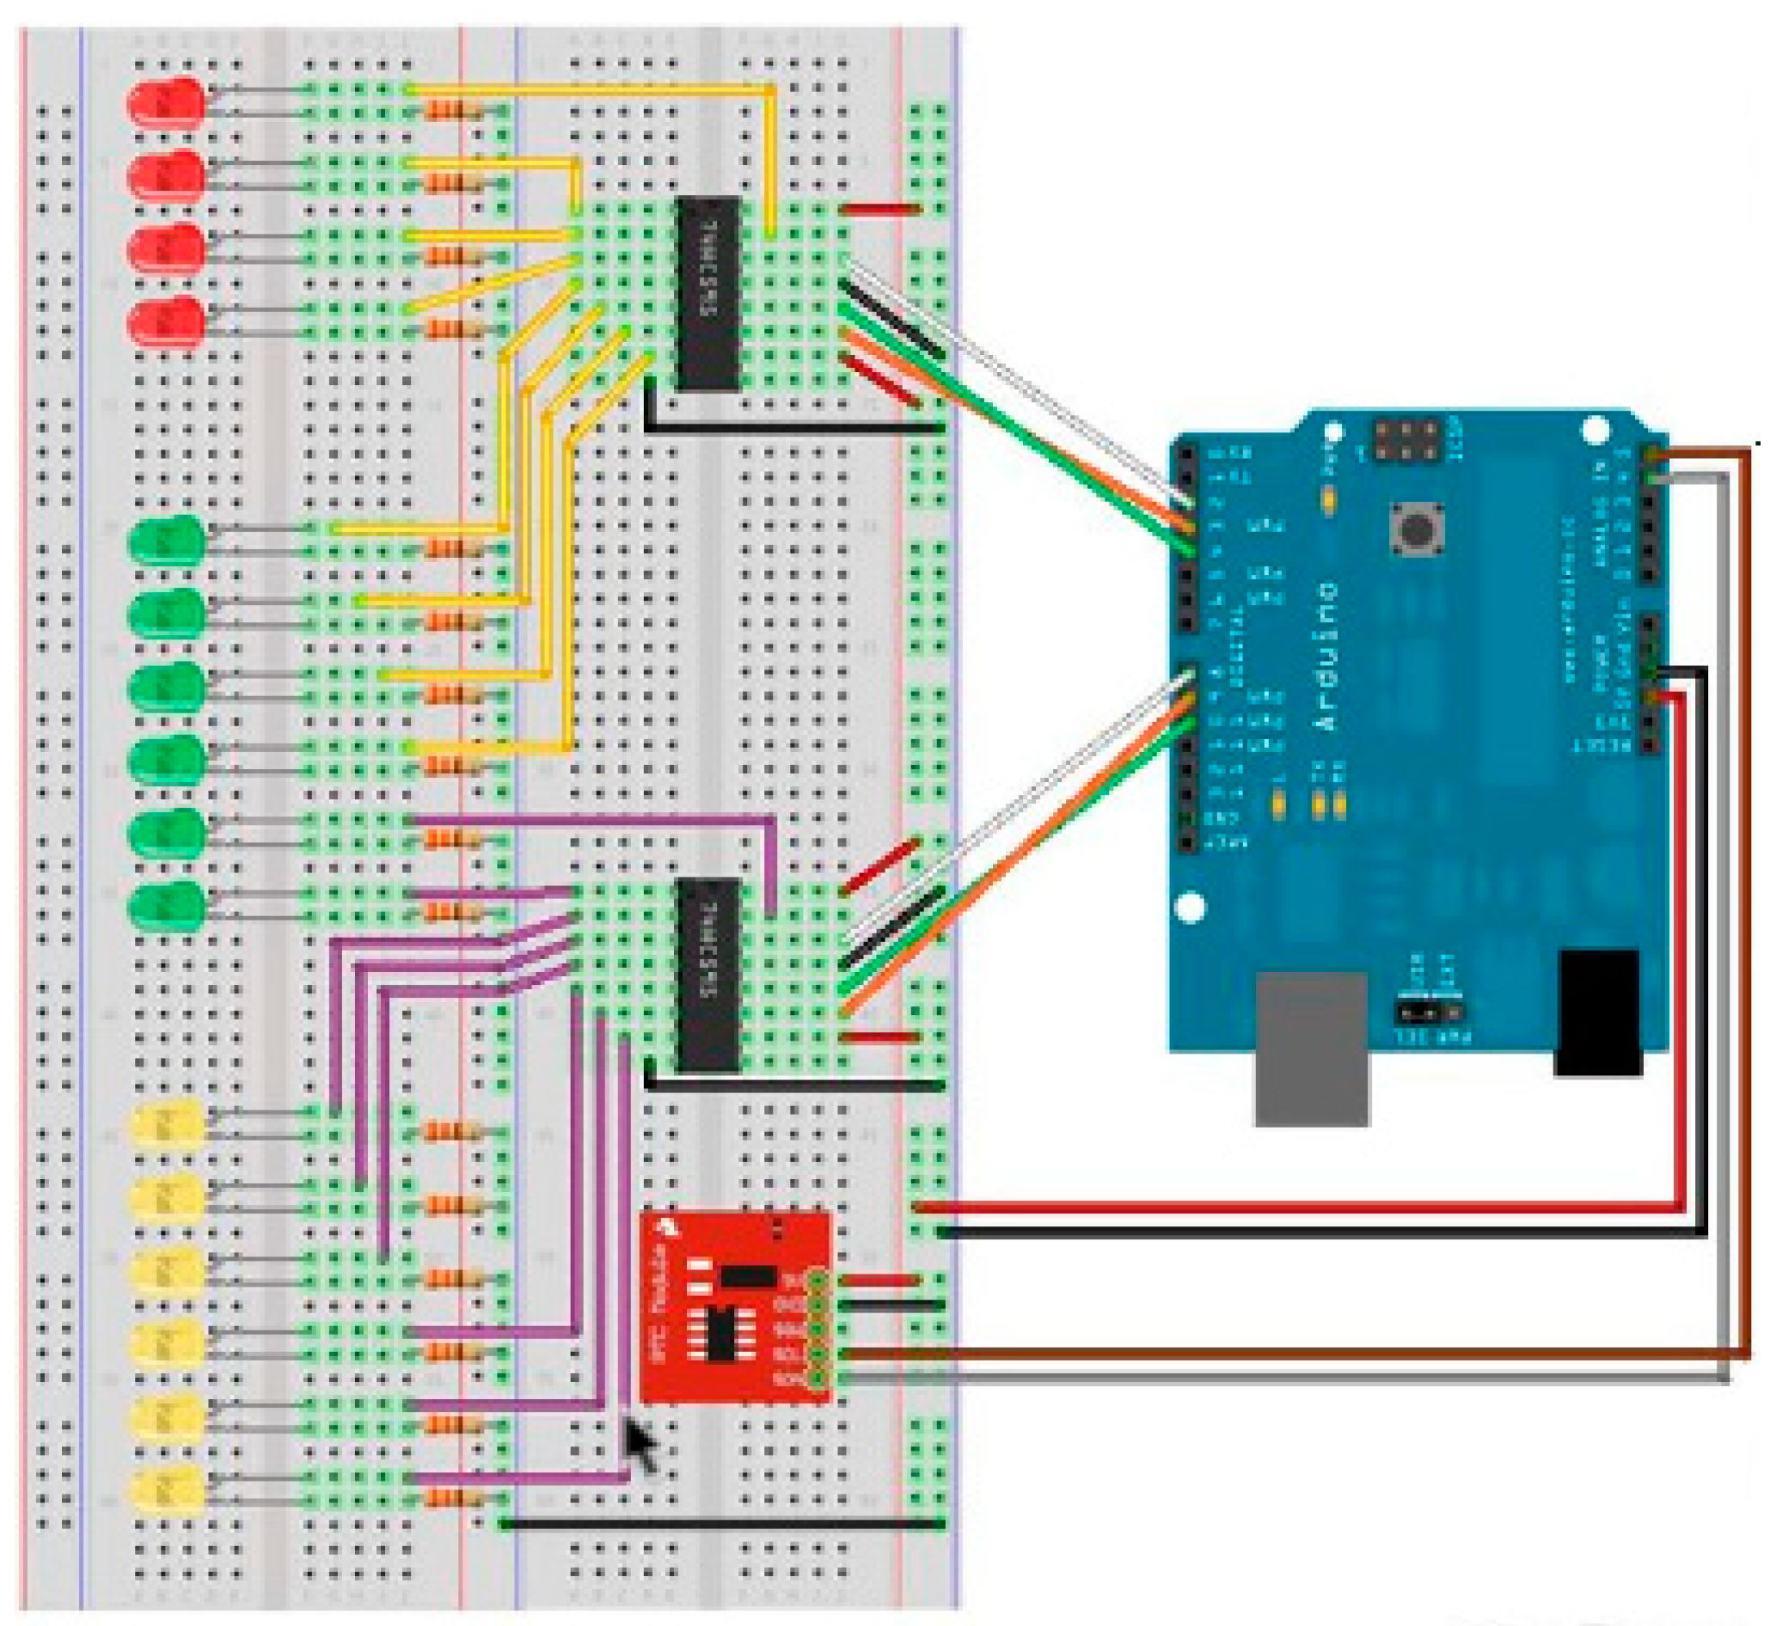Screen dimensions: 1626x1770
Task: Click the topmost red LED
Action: [165, 104]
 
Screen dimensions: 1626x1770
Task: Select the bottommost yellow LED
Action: [165, 1489]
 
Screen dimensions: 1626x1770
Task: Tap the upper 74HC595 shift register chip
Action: [707, 293]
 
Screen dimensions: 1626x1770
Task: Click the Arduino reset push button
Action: [1416, 528]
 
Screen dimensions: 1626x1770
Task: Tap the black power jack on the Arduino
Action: [1597, 1011]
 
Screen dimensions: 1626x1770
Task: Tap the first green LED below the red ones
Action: [165, 541]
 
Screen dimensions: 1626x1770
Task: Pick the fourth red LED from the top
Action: [165, 323]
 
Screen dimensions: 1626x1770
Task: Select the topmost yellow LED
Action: [165, 1125]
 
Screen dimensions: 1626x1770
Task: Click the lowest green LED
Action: [165, 907]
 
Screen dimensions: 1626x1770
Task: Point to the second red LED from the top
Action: [165, 177]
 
